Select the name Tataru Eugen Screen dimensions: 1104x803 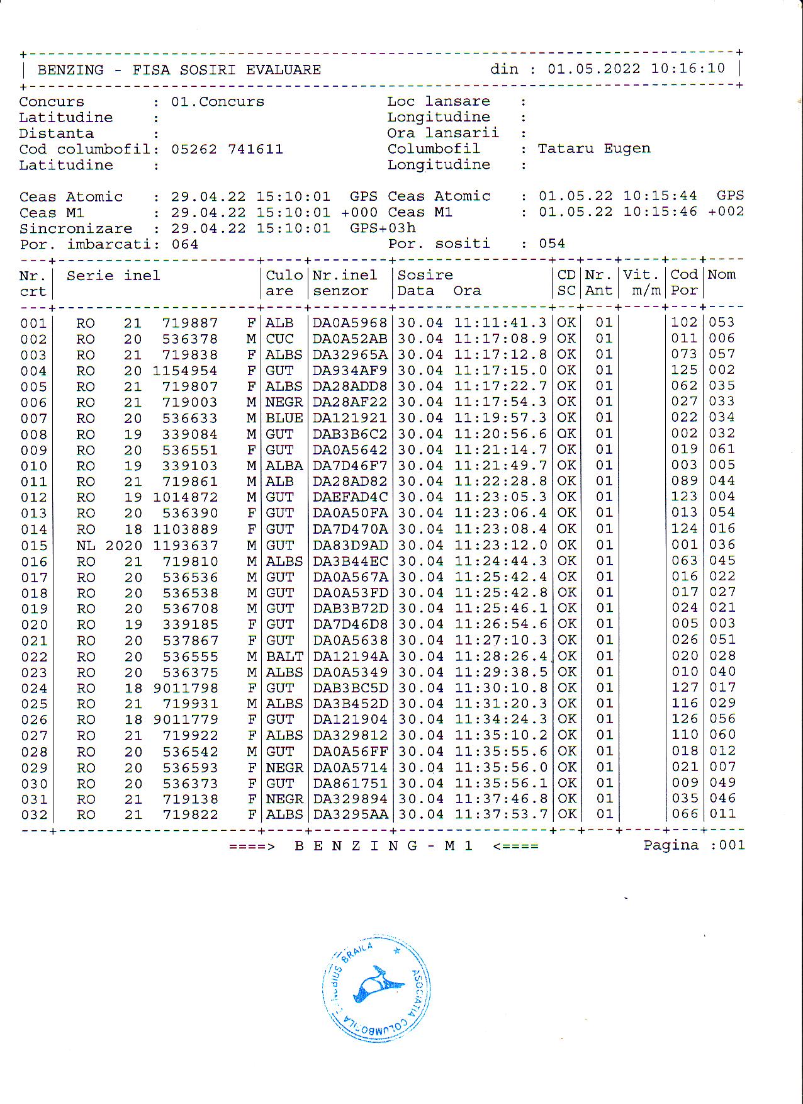point(593,149)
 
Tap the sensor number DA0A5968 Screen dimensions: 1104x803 point(350,323)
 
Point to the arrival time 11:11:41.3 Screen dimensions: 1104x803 point(500,323)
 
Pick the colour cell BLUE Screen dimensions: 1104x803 point(284,418)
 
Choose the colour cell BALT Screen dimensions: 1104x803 point(284,656)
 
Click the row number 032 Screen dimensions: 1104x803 point(33,815)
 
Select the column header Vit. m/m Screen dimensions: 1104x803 point(642,283)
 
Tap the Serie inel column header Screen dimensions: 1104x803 point(113,276)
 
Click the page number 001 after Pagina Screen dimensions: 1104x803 point(732,845)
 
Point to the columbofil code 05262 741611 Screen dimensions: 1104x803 point(227,149)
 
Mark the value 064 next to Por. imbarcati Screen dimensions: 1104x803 point(185,244)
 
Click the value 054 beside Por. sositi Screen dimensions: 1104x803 point(552,244)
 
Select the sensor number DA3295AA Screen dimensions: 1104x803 point(350,814)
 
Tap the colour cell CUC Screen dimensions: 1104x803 point(279,339)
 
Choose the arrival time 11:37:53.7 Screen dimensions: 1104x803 point(500,814)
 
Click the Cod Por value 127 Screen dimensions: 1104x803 point(684,688)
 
